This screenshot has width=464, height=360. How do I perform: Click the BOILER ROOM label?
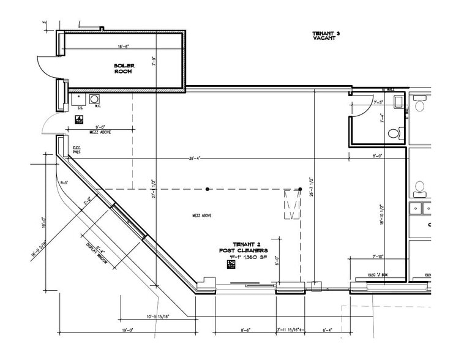point(124,69)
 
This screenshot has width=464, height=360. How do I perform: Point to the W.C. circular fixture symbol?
point(95,99)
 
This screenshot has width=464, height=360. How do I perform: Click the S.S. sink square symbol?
point(78,98)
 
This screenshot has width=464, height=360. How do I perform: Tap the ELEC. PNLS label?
point(77,149)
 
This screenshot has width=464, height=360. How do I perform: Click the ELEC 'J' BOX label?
point(378,275)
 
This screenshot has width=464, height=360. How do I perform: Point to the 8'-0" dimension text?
point(378,156)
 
